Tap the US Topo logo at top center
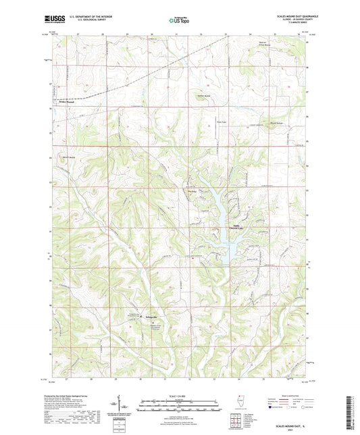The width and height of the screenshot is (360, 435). point(180,20)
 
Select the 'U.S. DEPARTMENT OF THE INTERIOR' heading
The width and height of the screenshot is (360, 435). point(88,16)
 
